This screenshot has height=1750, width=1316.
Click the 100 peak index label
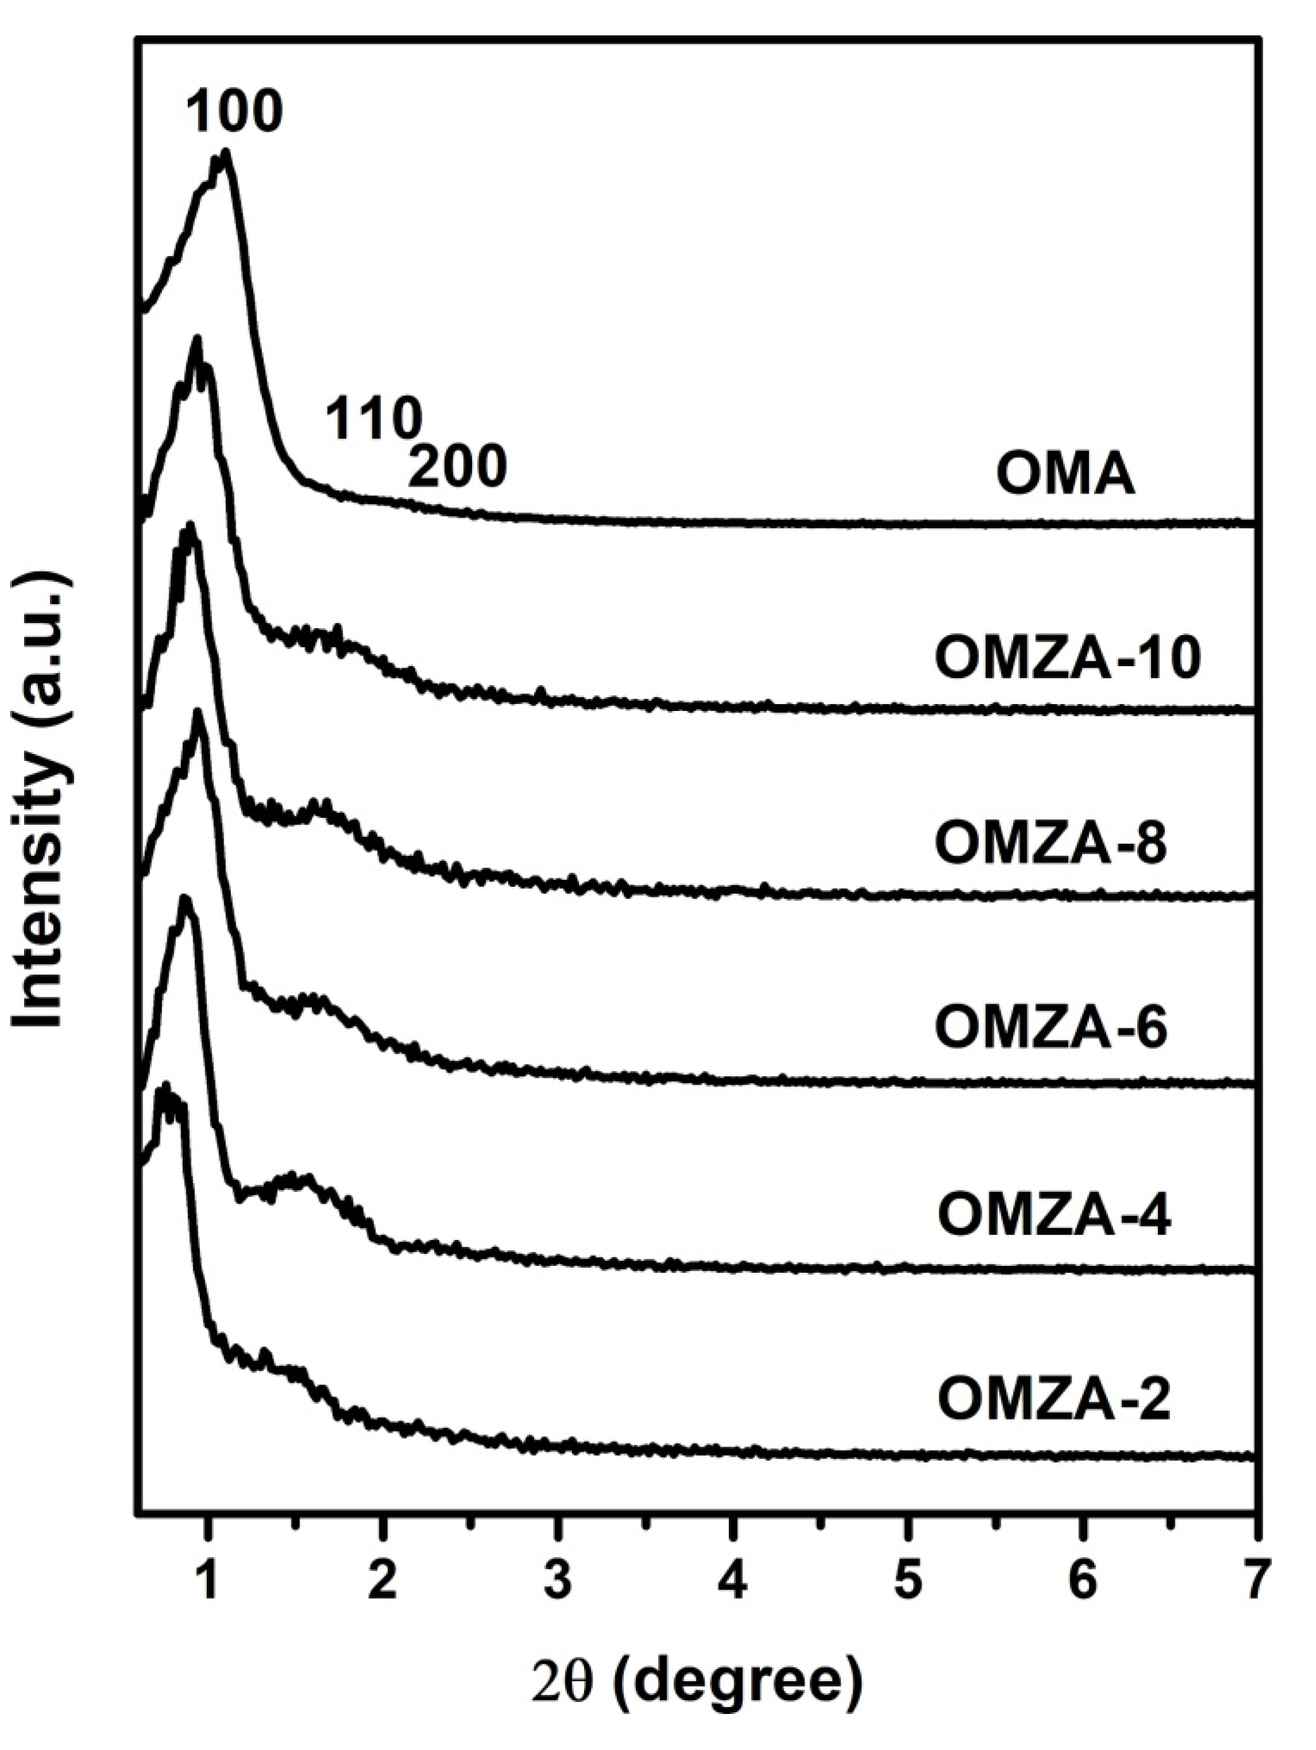(x=235, y=112)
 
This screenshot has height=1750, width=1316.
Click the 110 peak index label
(x=371, y=419)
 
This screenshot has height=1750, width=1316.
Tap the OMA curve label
(x=1064, y=475)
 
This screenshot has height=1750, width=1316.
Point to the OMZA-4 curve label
(x=1052, y=1216)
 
